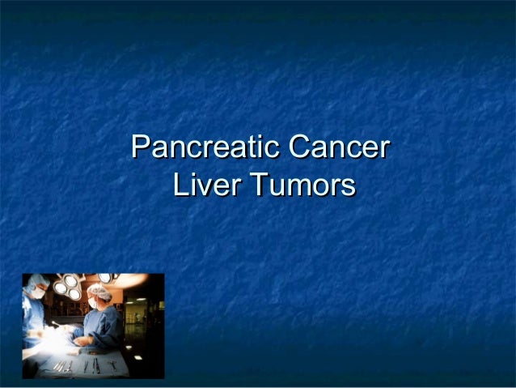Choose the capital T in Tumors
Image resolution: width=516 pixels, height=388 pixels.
click(x=257, y=186)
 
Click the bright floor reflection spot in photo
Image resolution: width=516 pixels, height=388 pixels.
click(x=137, y=357)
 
